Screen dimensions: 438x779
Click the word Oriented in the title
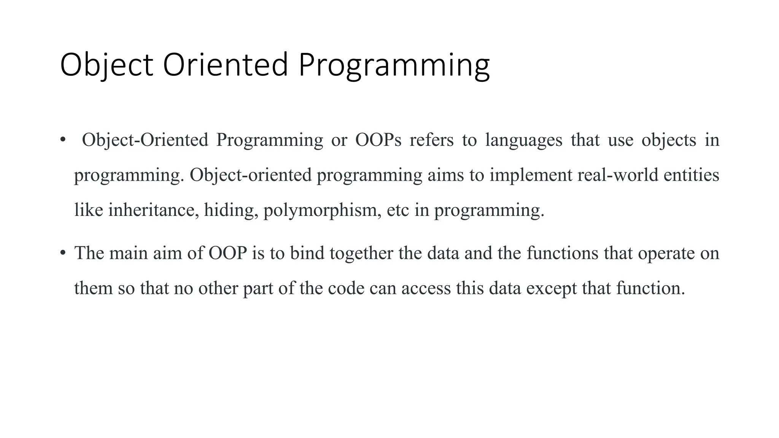coord(225,65)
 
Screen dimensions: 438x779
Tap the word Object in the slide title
coord(107,65)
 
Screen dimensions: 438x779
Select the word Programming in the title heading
coord(394,65)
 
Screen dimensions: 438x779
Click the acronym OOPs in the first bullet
coord(378,140)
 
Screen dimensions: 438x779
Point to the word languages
coord(524,140)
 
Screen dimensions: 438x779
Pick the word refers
coord(431,140)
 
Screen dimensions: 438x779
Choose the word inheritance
coord(153,210)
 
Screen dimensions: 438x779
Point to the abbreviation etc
coord(398,210)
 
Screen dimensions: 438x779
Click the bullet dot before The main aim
coord(63,253)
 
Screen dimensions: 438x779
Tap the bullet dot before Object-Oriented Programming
coord(63,140)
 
